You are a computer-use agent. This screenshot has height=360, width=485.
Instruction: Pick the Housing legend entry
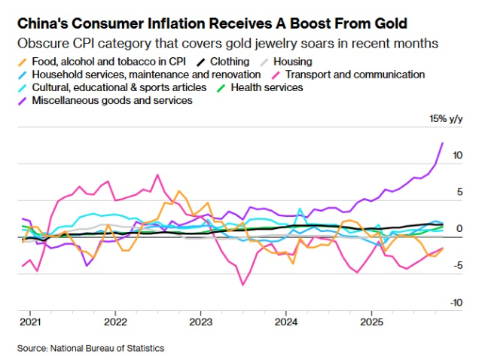[x=291, y=61]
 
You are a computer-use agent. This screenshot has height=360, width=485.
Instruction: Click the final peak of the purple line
[x=442, y=143]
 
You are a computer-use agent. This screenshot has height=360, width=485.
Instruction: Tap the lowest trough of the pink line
[x=243, y=285]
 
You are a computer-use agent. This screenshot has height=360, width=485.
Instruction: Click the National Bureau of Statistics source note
[x=90, y=348]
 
